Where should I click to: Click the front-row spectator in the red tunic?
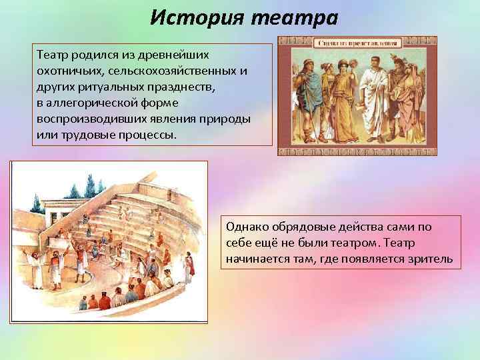pos(105,301)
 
